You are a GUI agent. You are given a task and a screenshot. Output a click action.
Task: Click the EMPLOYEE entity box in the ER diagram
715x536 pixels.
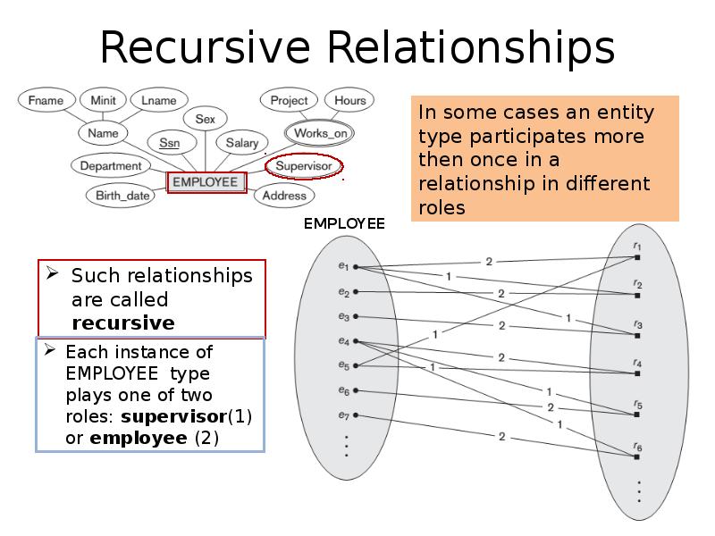pyautogui.click(x=206, y=182)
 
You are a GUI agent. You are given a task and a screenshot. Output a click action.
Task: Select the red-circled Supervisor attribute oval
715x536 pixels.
pyautogui.click(x=304, y=166)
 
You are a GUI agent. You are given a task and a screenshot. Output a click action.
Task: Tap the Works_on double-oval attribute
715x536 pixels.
pyautogui.click(x=319, y=133)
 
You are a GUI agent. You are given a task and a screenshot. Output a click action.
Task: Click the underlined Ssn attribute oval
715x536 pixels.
pyautogui.click(x=169, y=143)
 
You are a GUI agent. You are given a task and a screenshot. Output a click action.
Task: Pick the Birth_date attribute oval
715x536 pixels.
pyautogui.click(x=123, y=196)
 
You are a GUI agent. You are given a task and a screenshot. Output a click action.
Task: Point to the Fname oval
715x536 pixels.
pyautogui.click(x=46, y=100)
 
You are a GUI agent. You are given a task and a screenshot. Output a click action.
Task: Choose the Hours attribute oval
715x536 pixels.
pyautogui.click(x=349, y=100)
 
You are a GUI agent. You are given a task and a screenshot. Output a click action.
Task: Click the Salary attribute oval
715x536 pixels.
pyautogui.click(x=241, y=143)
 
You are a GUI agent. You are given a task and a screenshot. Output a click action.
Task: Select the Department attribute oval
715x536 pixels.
pyautogui.click(x=110, y=166)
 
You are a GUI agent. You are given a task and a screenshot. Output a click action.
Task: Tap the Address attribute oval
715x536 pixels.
pyautogui.click(x=285, y=196)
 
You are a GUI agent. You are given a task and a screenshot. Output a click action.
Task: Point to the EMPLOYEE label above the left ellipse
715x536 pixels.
pyautogui.click(x=343, y=223)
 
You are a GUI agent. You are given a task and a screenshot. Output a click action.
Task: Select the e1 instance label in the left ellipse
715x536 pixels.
pyautogui.click(x=344, y=266)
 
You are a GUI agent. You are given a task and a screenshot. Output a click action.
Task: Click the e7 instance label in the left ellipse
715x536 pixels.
pyautogui.click(x=344, y=415)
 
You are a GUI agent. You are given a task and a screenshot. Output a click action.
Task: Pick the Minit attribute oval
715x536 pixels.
pyautogui.click(x=103, y=100)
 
